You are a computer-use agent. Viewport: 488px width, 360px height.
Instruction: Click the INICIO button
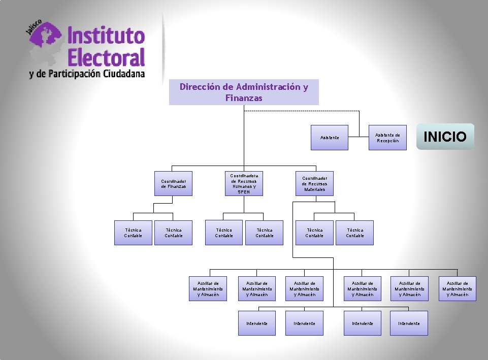pyautogui.click(x=445, y=137)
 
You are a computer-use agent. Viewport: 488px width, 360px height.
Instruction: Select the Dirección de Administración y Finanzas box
pyautogui.click(x=244, y=92)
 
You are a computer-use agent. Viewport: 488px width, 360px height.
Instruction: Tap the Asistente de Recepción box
pyautogui.click(x=387, y=138)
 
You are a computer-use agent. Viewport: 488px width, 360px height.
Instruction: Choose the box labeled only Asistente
pyautogui.click(x=330, y=138)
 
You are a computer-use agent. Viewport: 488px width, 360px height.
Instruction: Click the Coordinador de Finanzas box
pyautogui.click(x=174, y=183)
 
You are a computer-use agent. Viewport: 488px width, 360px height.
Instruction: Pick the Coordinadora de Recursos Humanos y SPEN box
pyautogui.click(x=244, y=183)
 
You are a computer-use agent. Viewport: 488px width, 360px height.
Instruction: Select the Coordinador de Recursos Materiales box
pyautogui.click(x=314, y=183)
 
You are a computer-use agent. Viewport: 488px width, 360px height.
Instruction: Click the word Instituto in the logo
pyautogui.click(x=106, y=36)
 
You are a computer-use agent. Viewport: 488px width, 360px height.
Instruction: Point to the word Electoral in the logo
pyautogui.click(x=106, y=57)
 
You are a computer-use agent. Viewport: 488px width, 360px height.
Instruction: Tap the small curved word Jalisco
pyautogui.click(x=34, y=30)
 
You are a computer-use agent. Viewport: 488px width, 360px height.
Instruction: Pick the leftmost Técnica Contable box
pyautogui.click(x=133, y=233)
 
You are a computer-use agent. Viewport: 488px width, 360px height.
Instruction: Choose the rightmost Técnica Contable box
pyautogui.click(x=354, y=233)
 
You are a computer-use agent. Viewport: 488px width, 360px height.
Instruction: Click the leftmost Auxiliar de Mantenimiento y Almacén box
pyautogui.click(x=208, y=288)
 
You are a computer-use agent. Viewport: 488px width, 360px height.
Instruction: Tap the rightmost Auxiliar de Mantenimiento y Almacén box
pyautogui.click(x=458, y=288)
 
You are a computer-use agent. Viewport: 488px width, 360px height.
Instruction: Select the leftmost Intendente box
pyautogui.click(x=257, y=323)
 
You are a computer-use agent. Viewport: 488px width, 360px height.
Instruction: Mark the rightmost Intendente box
pyautogui.click(x=409, y=323)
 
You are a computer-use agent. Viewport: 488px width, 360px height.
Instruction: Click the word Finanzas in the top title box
pyautogui.click(x=244, y=98)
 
